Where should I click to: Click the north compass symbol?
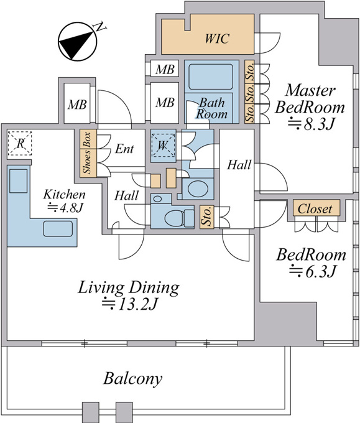[77, 42]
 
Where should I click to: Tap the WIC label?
[217, 39]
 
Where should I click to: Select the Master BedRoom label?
[310, 99]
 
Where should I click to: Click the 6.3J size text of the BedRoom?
[313, 271]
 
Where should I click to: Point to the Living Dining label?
[129, 287]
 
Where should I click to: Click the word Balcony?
[132, 379]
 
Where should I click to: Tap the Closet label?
[315, 208]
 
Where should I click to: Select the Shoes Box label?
[88, 153]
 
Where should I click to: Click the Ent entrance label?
[124, 149]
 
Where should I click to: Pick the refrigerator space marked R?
[20, 144]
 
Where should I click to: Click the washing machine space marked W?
[163, 146]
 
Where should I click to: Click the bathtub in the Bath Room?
[211, 77]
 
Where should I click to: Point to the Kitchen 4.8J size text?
[65, 208]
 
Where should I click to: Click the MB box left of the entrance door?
[77, 103]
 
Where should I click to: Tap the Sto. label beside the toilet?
[206, 216]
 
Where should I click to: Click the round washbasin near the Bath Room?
[198, 189]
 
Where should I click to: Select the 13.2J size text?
[129, 304]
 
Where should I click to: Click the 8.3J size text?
[312, 124]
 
